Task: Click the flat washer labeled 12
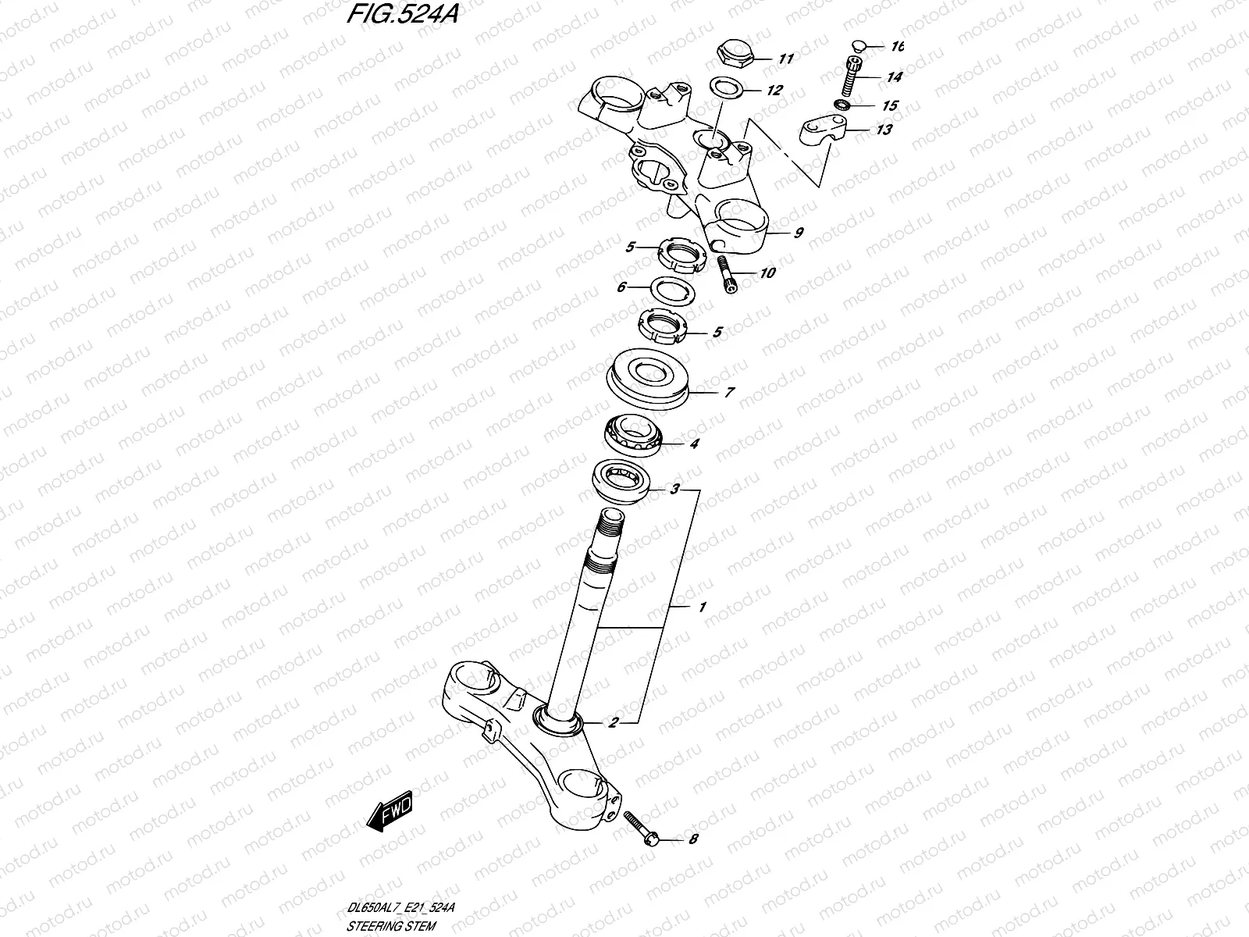tap(725, 87)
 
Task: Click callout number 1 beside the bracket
tap(703, 607)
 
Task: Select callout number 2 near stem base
tap(614, 722)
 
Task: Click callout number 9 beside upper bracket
tap(798, 232)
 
